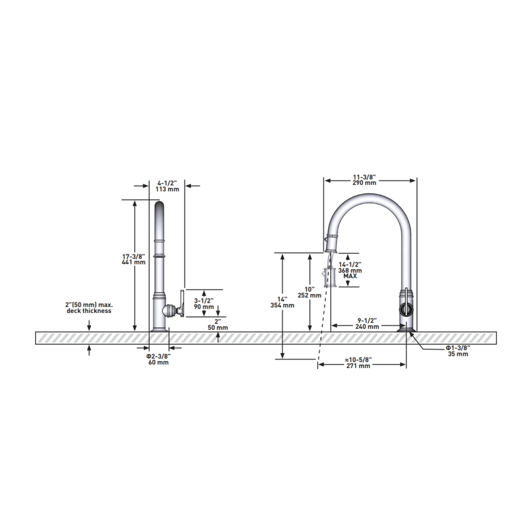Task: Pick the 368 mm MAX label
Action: point(350,273)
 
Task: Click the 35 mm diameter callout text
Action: point(458,354)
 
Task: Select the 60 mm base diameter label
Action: point(159,362)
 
